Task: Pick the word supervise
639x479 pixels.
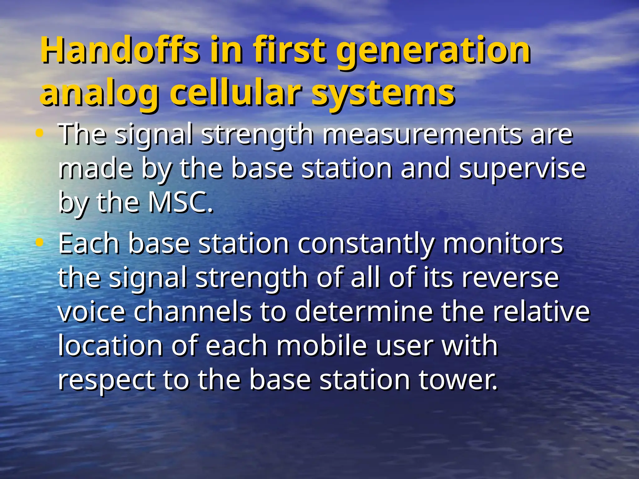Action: point(523,169)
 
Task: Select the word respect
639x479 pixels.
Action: point(106,381)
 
